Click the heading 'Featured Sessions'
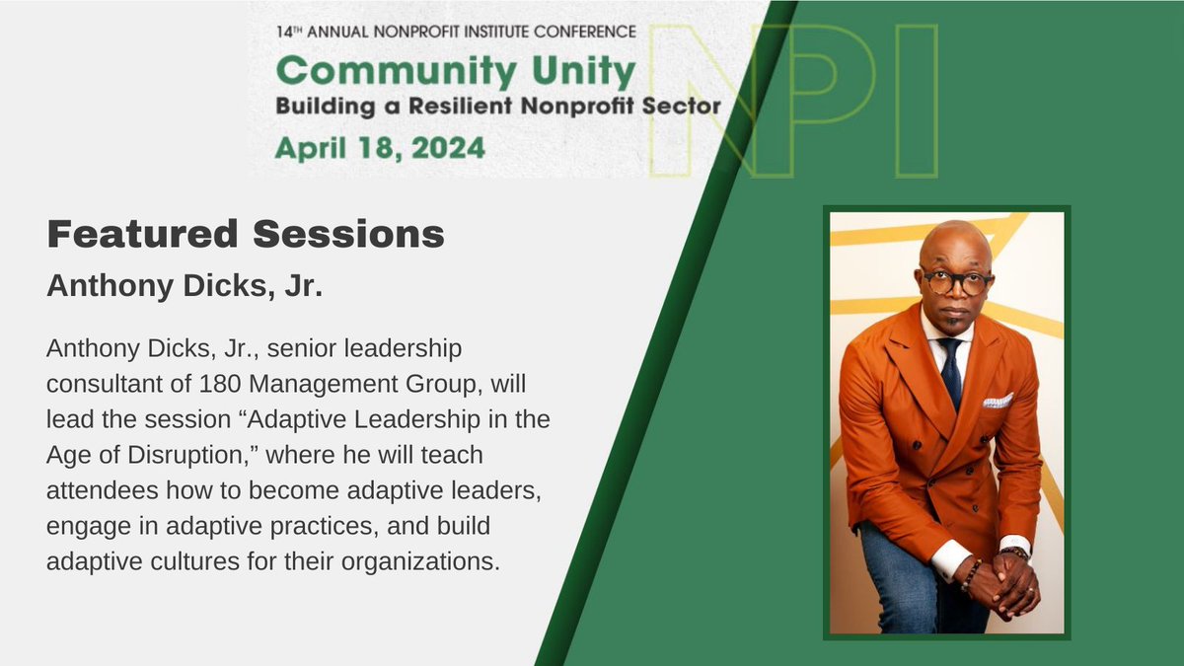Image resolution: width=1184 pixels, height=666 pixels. coord(246,236)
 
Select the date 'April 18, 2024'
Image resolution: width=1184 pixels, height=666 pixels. coord(380,148)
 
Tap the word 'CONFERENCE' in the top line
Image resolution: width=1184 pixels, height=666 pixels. coord(587,31)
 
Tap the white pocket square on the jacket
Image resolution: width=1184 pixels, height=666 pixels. coord(997,401)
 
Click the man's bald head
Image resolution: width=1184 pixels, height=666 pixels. coord(954,242)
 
